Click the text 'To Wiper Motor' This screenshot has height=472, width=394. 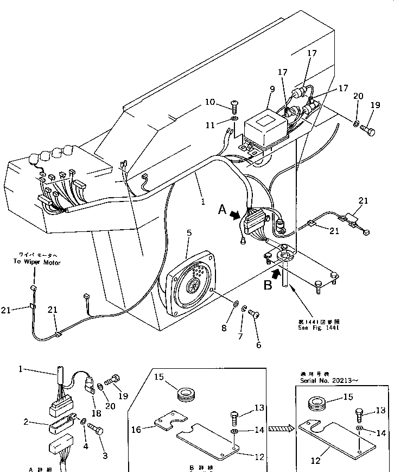(37, 262)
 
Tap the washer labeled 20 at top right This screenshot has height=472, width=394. (356, 125)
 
